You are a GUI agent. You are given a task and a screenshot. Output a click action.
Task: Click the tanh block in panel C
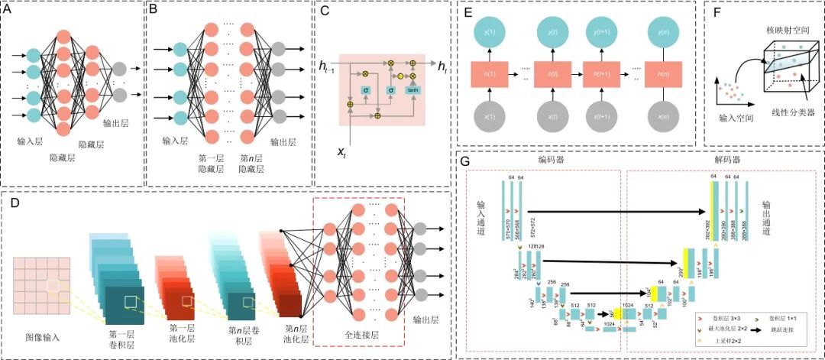pos(412,92)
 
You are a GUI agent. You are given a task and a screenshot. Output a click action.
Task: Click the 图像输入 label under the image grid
pos(42,336)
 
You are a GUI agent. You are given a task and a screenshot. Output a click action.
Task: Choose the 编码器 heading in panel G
pos(551,160)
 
